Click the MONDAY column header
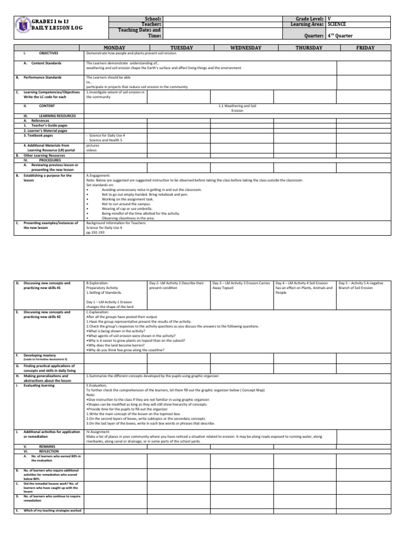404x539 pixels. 115,48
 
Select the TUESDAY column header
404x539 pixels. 178,48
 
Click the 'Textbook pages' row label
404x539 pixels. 38,135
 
